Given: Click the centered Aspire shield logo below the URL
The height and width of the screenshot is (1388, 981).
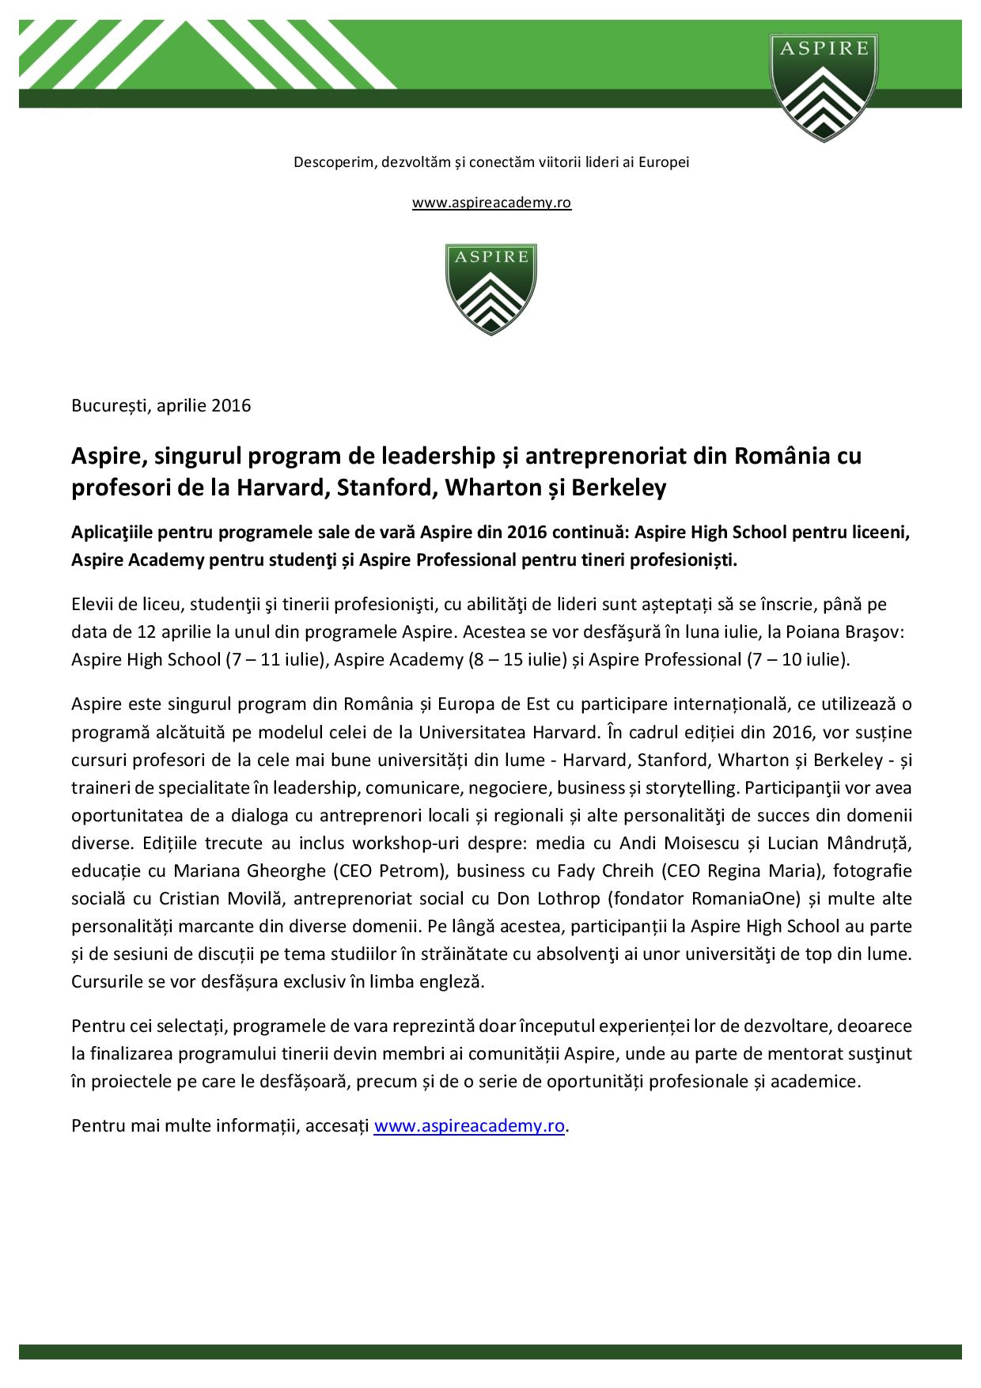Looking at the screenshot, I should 490,289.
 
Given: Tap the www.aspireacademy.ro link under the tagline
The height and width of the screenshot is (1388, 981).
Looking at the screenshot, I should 491,203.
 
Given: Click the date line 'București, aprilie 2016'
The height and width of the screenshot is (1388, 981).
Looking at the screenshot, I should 161,406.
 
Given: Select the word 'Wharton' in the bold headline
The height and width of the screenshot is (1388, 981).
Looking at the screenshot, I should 485,488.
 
